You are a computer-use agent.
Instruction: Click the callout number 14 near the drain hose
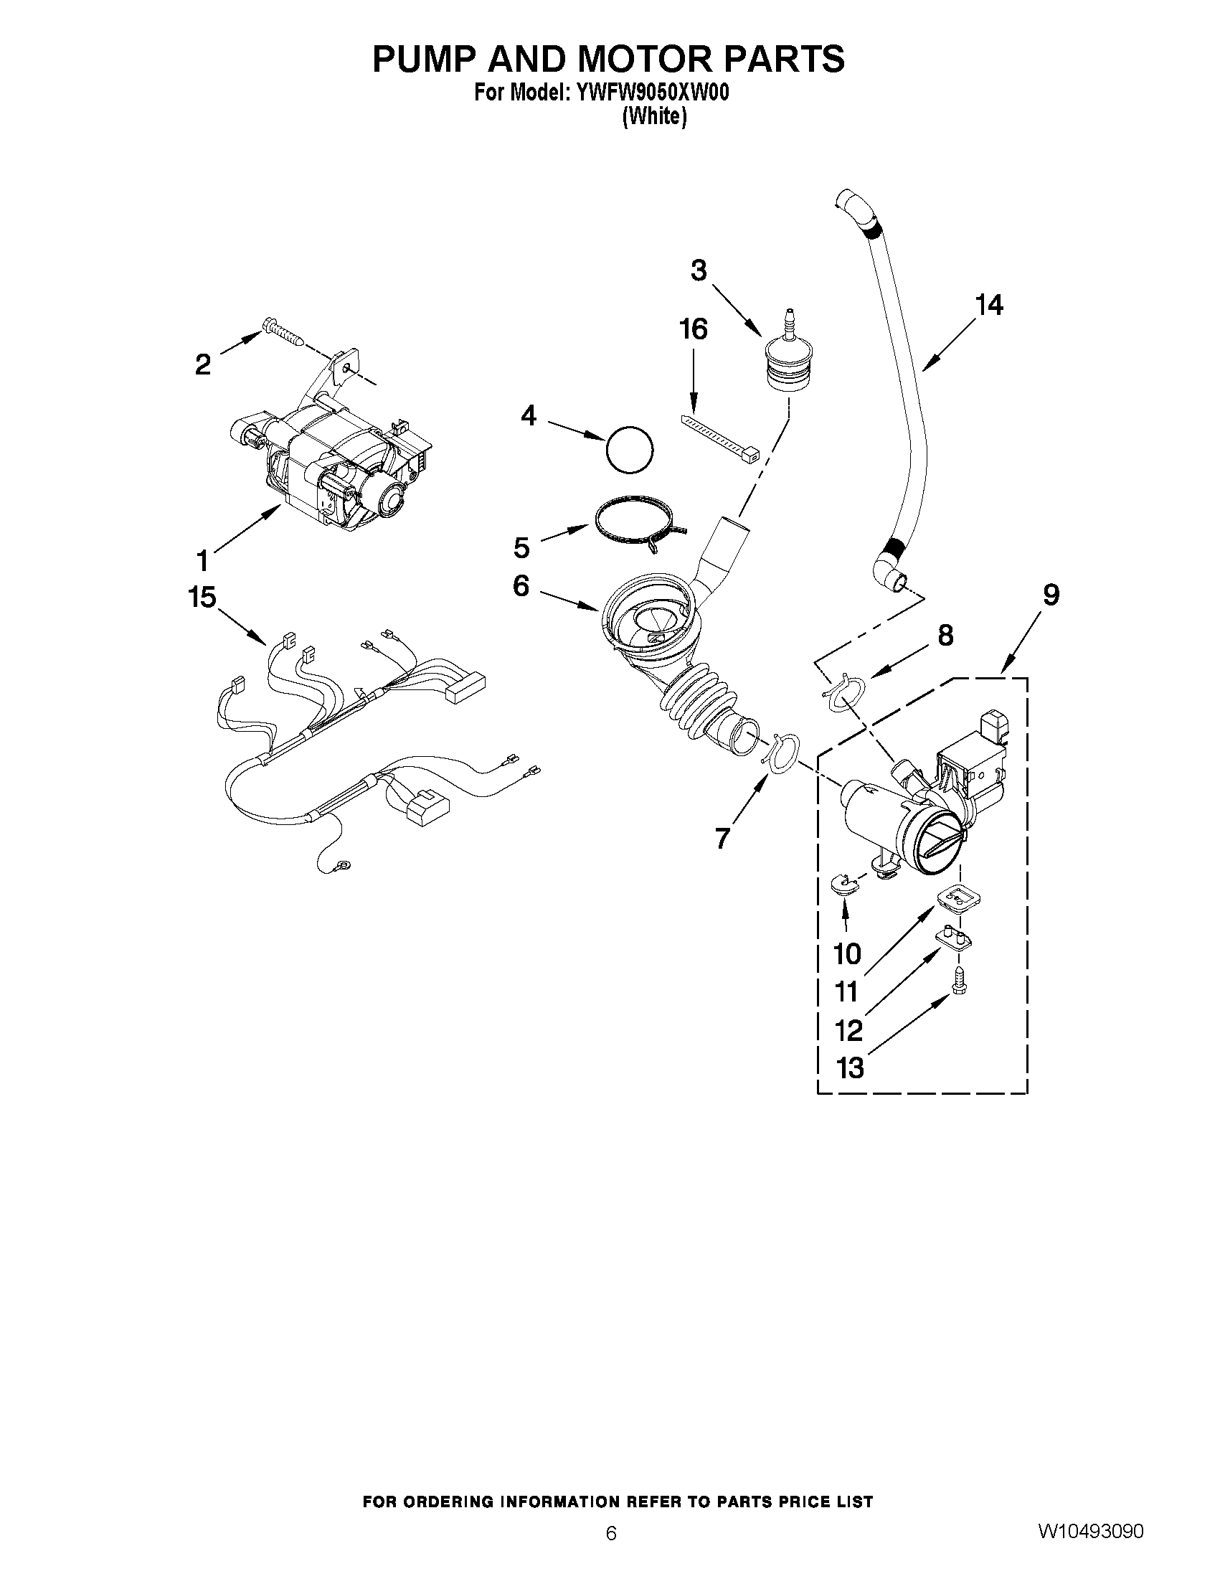click(x=989, y=305)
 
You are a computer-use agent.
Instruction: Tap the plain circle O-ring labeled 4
click(x=629, y=451)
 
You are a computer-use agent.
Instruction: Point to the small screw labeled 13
click(x=961, y=980)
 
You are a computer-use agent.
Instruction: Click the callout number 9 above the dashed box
click(x=1050, y=595)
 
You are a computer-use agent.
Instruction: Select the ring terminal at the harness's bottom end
click(x=346, y=863)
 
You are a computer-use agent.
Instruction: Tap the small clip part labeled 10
click(x=842, y=883)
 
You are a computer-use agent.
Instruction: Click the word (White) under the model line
click(x=653, y=116)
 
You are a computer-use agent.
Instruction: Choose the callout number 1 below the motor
click(x=202, y=560)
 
